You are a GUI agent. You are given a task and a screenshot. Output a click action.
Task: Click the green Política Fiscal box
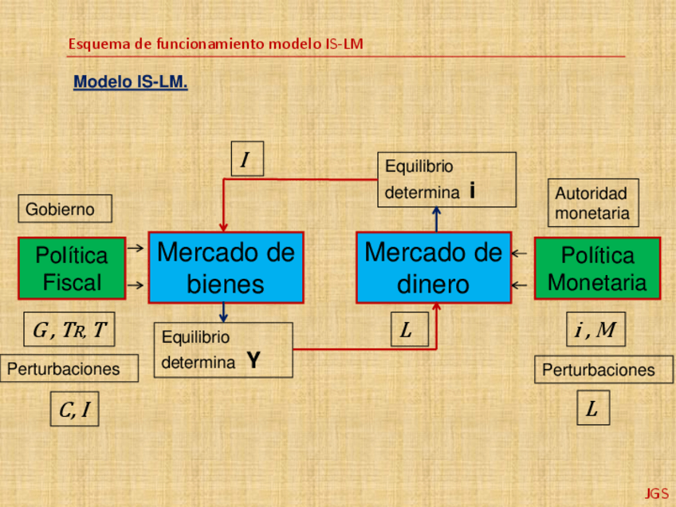point(72,269)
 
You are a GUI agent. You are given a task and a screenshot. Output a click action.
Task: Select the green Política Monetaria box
point(597,269)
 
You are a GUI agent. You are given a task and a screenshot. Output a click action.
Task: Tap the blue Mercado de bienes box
point(226,268)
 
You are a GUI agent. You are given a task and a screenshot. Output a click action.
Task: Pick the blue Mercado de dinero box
point(434,268)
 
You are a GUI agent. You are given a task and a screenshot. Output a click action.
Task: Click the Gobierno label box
point(65,210)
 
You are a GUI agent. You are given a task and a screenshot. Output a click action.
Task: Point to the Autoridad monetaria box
point(592,202)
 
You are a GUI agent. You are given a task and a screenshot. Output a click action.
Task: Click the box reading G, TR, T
point(69,330)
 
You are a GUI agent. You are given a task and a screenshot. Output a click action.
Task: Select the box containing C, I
point(74,410)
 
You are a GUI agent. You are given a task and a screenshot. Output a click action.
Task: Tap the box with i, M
point(595,329)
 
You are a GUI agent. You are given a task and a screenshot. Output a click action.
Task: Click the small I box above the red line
point(246,159)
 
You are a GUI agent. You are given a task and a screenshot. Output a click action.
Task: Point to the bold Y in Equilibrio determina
point(253,361)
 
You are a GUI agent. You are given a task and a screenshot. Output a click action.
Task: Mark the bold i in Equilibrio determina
point(473,191)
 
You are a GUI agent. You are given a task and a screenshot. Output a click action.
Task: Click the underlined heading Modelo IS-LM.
point(131,82)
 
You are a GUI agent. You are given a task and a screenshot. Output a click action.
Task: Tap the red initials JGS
point(657,493)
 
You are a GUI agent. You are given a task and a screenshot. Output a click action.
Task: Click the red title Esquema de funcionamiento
point(215,44)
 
